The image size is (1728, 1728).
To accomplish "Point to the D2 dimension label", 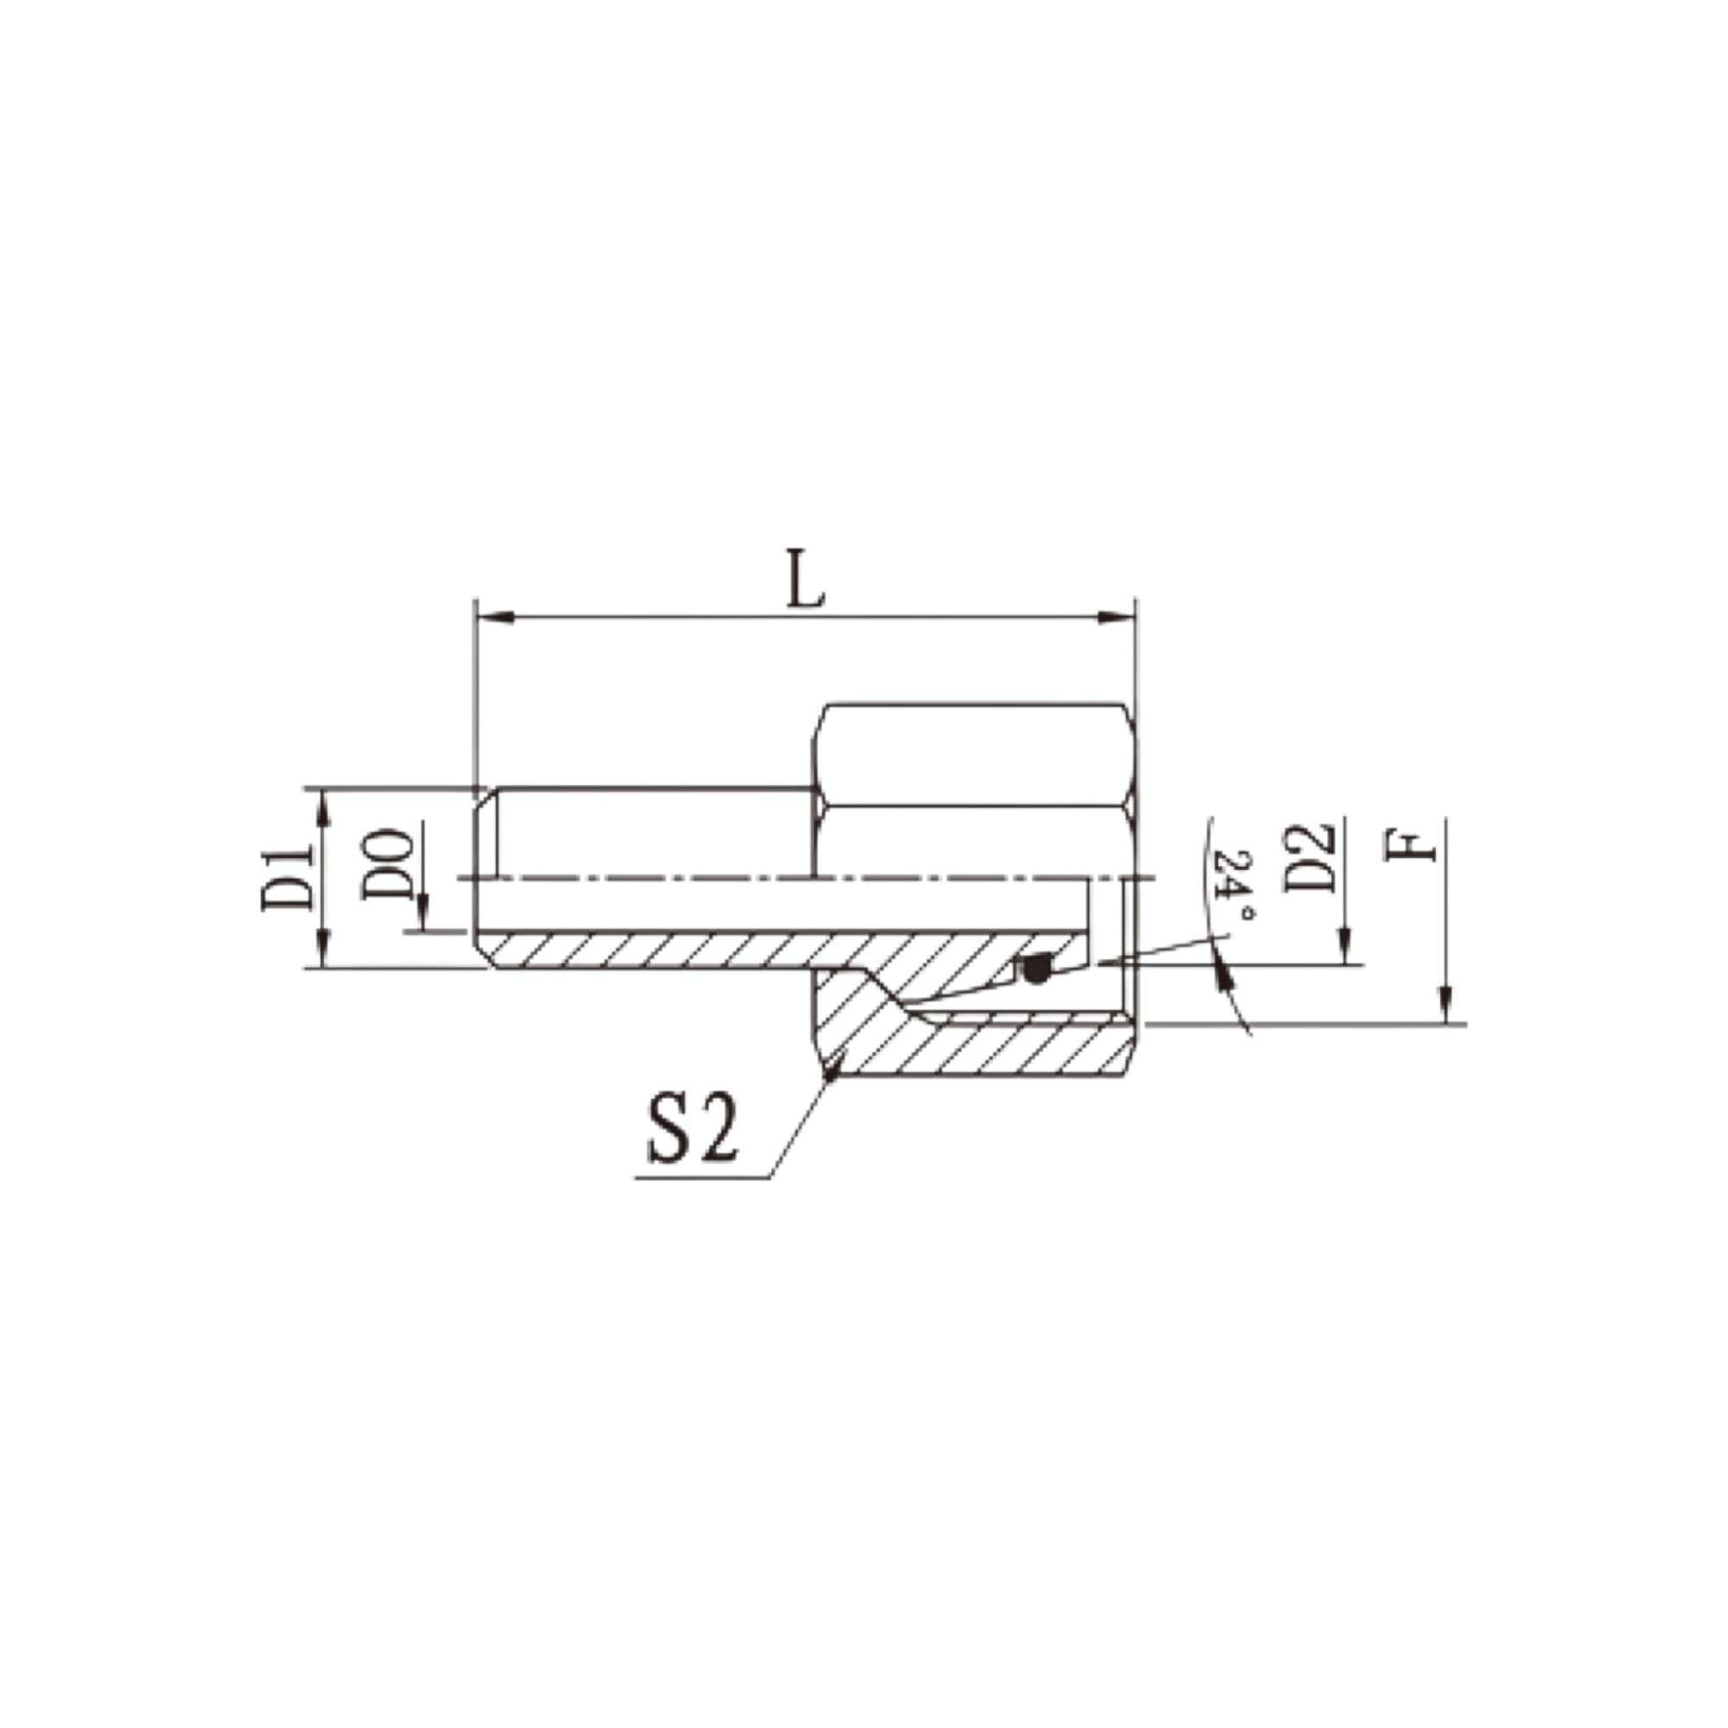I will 1312,859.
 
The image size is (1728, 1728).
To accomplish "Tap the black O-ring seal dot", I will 1036,968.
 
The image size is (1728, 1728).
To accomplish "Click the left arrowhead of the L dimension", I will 493,617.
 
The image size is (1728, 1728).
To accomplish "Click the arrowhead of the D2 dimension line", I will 1344,951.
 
